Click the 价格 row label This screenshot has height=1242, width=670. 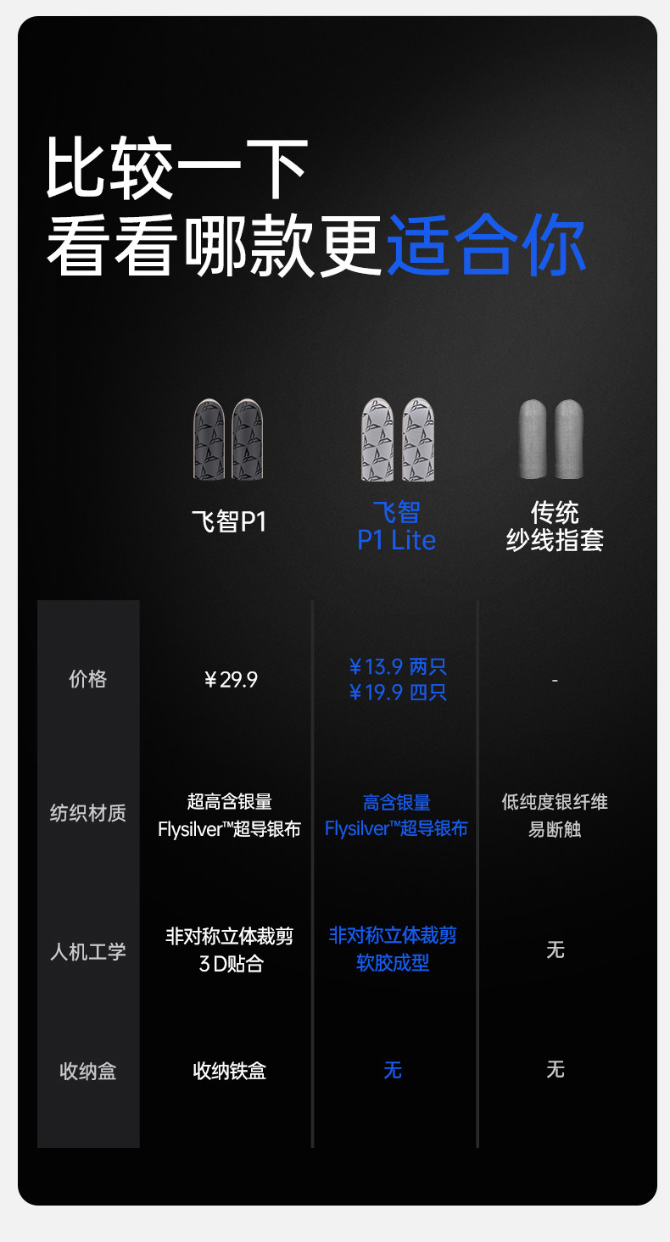point(87,679)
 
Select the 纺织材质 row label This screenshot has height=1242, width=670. point(87,813)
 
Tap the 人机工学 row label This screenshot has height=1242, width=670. point(87,951)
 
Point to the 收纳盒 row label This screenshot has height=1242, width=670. point(87,1072)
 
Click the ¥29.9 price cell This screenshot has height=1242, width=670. point(231,680)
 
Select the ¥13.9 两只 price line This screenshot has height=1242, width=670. point(397,666)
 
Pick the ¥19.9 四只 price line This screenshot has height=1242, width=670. point(397,693)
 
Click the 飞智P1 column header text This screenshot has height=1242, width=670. point(229,521)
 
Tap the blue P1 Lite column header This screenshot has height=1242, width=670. point(396,526)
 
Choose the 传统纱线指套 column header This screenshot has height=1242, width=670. point(555,526)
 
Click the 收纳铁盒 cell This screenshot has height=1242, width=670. point(230,1072)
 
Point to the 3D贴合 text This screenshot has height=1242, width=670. point(231,964)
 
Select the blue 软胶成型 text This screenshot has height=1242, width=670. point(393,963)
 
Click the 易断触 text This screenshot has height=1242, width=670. point(555,829)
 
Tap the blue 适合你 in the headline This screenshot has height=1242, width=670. point(486,246)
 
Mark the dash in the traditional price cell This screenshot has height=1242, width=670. point(555,680)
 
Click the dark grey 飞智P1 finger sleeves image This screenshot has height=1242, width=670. point(228,439)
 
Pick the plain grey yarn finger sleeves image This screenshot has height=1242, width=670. point(550,439)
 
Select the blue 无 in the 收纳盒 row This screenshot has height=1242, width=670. point(392,1071)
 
